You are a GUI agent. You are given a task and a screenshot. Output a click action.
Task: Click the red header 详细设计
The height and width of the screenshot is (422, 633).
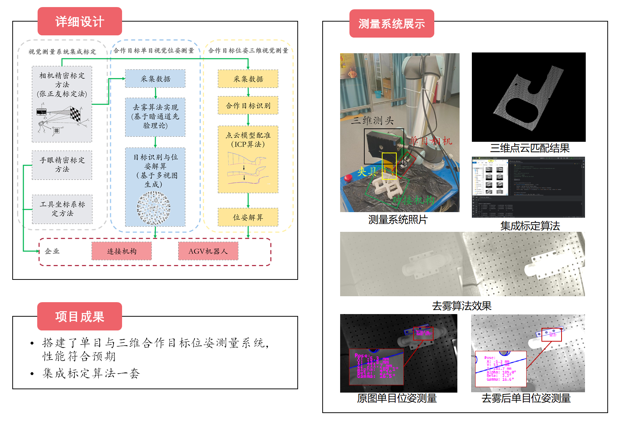pos(80,22)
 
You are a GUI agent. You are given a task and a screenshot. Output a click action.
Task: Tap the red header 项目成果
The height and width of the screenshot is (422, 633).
pos(80,317)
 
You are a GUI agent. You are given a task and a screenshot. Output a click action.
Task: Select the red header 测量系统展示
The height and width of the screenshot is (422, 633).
pos(391,24)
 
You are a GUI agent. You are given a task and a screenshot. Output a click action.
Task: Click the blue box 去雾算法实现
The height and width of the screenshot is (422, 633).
pos(155,116)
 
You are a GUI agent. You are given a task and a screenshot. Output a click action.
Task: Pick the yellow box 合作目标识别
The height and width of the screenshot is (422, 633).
pos(248,106)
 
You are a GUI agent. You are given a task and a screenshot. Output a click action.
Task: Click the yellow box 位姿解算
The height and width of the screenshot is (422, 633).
pos(248,217)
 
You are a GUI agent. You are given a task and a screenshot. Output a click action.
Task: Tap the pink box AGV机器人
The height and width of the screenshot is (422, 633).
pos(208,251)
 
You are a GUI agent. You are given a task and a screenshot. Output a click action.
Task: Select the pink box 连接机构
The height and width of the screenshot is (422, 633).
pos(122,251)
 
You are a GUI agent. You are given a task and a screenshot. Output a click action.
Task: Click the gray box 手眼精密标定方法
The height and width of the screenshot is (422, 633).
pos(62,165)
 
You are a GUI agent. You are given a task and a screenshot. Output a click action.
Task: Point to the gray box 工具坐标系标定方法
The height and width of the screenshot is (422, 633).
pos(62,209)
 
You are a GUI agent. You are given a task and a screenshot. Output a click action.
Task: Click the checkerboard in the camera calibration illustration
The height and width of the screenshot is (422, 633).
pos(75,114)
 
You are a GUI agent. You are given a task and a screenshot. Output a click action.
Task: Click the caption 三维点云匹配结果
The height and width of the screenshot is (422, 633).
pos(530,148)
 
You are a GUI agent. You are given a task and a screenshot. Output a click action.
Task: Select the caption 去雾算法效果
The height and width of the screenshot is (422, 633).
pos(461,306)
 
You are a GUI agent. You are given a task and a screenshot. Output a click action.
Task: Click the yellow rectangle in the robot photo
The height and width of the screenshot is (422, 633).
pos(389,166)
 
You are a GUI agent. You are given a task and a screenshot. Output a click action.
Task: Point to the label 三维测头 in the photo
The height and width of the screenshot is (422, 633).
pos(372,121)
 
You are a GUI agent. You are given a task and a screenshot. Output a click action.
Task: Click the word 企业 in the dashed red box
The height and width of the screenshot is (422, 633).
pos(52,251)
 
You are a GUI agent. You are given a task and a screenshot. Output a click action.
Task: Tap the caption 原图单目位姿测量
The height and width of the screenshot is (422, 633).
pos(397,398)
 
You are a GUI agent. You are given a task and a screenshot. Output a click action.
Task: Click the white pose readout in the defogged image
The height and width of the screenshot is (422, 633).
pos(501,369)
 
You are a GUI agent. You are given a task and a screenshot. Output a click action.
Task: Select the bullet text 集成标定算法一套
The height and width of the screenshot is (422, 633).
pos(91,373)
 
